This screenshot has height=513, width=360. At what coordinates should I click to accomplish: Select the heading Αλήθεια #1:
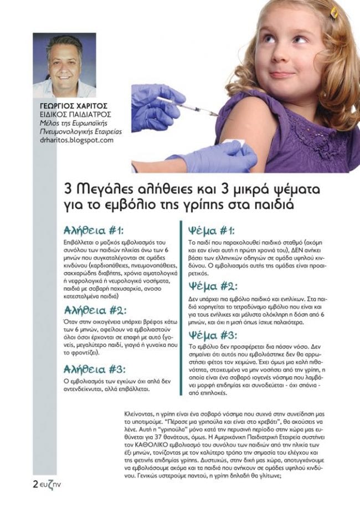coord(94,230)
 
